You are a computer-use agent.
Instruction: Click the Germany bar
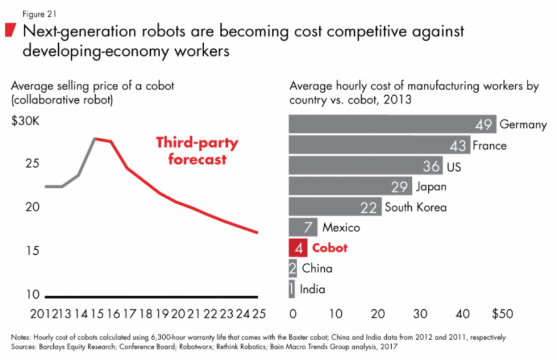(x=392, y=124)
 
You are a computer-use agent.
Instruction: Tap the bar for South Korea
(x=335, y=207)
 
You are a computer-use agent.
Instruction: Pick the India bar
(x=291, y=289)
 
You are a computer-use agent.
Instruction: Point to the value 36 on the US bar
(x=431, y=166)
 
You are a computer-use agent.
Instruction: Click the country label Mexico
(x=341, y=227)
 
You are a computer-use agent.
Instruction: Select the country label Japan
(x=431, y=187)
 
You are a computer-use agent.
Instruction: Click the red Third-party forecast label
(x=197, y=151)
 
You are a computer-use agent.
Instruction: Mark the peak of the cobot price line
(x=94, y=138)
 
